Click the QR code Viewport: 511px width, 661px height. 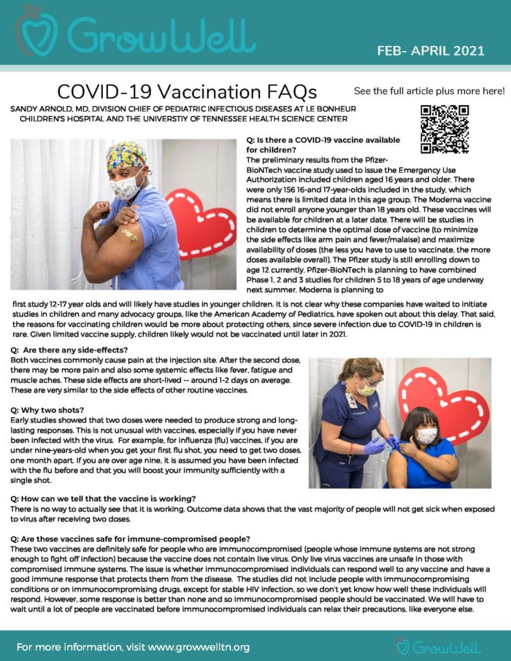click(445, 129)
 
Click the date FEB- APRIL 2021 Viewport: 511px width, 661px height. click(431, 50)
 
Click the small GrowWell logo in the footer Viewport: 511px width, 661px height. click(437, 646)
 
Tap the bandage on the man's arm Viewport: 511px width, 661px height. click(129, 235)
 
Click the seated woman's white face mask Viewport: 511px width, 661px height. click(426, 436)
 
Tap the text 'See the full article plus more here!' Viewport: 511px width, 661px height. click(429, 91)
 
